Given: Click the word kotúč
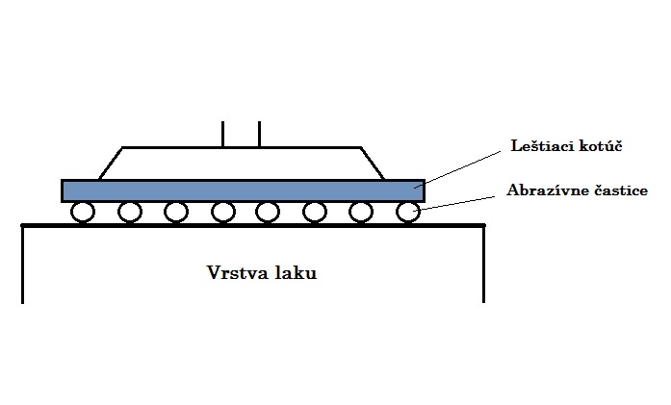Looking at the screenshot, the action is (601, 146).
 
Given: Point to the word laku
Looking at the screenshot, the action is (296, 272).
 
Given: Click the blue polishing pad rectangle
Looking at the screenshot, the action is (243, 190).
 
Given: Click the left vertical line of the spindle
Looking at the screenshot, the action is (223, 135).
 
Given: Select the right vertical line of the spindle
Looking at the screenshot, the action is (259, 135).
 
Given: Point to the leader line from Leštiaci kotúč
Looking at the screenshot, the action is (457, 169).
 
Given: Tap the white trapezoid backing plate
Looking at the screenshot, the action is (242, 164).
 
